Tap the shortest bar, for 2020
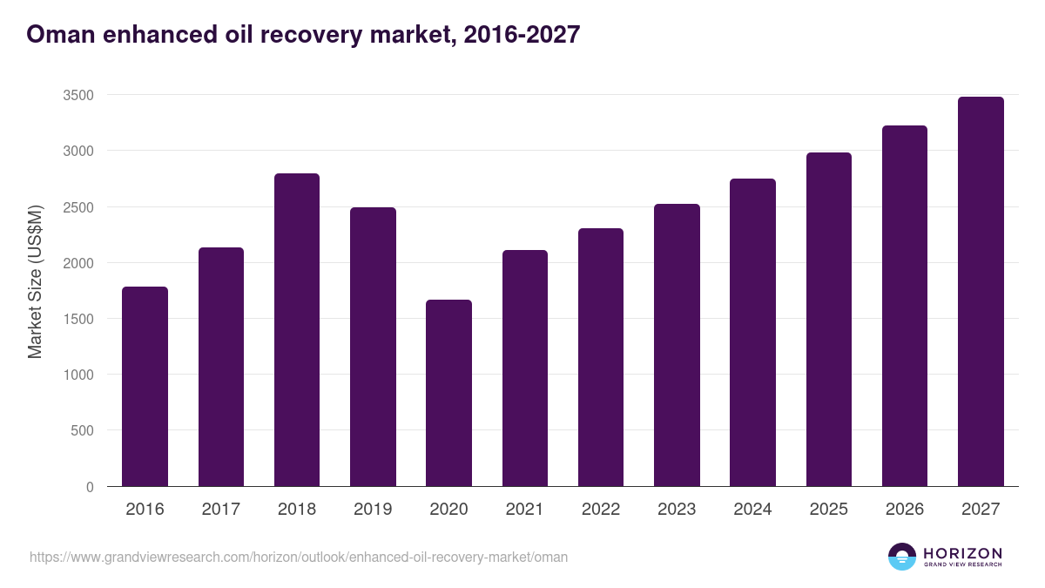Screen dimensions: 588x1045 (448, 393)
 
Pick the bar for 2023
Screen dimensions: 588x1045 (677, 345)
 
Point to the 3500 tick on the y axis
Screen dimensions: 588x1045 (78, 95)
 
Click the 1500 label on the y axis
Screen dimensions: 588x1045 (78, 319)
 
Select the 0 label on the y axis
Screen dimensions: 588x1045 (90, 487)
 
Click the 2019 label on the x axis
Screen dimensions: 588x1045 (373, 510)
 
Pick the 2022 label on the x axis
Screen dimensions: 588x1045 (601, 510)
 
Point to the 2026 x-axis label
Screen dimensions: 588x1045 (905, 510)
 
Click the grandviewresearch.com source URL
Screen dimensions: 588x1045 (299, 557)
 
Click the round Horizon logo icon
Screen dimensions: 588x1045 (902, 557)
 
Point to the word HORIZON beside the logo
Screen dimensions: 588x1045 (962, 553)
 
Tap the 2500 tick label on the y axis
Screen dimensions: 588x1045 (78, 207)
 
